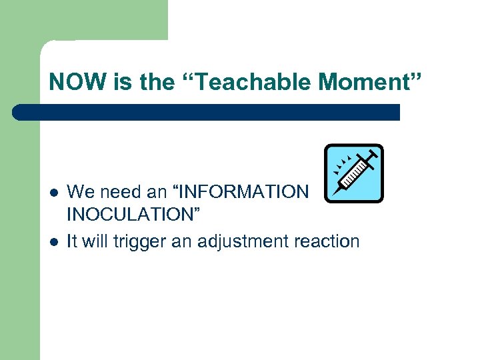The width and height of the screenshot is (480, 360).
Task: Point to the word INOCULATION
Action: [x=133, y=215]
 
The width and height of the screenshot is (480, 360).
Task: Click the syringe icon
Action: [x=353, y=173]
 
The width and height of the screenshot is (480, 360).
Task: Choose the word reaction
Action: [x=328, y=241]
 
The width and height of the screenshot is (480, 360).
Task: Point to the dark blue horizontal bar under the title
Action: [x=207, y=112]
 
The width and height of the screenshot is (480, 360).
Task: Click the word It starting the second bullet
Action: [x=73, y=241]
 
